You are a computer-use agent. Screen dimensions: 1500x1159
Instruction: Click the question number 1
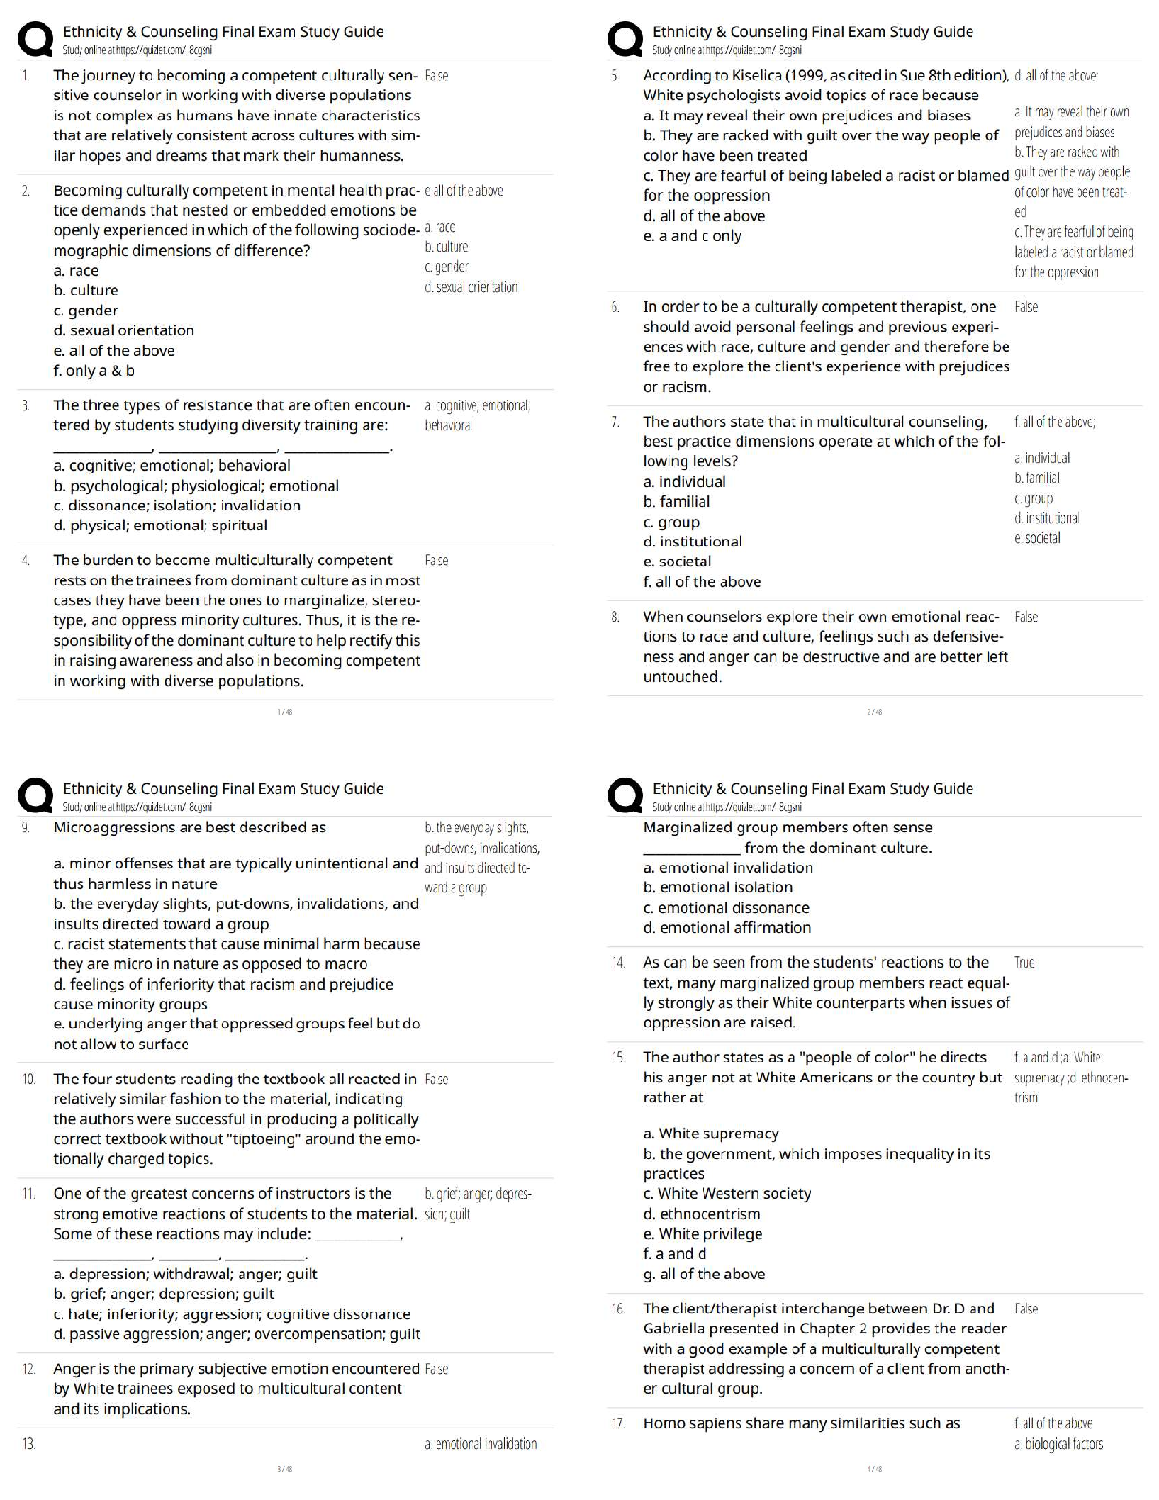click(26, 75)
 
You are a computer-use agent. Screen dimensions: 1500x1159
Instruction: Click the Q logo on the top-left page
click(35, 40)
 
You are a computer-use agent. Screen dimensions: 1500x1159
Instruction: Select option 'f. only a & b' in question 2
click(94, 370)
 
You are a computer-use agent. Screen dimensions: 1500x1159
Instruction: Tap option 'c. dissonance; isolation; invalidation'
click(177, 506)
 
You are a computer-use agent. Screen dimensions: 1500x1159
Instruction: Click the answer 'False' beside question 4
click(437, 561)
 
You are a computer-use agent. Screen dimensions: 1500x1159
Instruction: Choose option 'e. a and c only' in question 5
click(692, 236)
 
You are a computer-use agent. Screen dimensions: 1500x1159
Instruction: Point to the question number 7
click(615, 421)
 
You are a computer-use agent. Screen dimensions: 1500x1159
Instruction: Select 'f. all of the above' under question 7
click(702, 581)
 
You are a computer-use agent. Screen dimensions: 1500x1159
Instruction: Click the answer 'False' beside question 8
click(1025, 617)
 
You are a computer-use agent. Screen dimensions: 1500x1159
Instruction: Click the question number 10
click(28, 1079)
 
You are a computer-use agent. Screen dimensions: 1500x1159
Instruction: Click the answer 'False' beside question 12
click(437, 1369)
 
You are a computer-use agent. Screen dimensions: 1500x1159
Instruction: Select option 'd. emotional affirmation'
click(726, 927)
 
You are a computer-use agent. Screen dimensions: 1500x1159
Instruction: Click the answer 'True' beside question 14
click(1024, 963)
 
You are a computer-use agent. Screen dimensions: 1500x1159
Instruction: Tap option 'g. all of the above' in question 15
click(704, 1274)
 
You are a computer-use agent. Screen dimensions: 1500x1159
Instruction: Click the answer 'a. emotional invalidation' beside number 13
click(480, 1444)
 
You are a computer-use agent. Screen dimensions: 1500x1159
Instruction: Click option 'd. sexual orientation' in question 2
click(123, 330)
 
